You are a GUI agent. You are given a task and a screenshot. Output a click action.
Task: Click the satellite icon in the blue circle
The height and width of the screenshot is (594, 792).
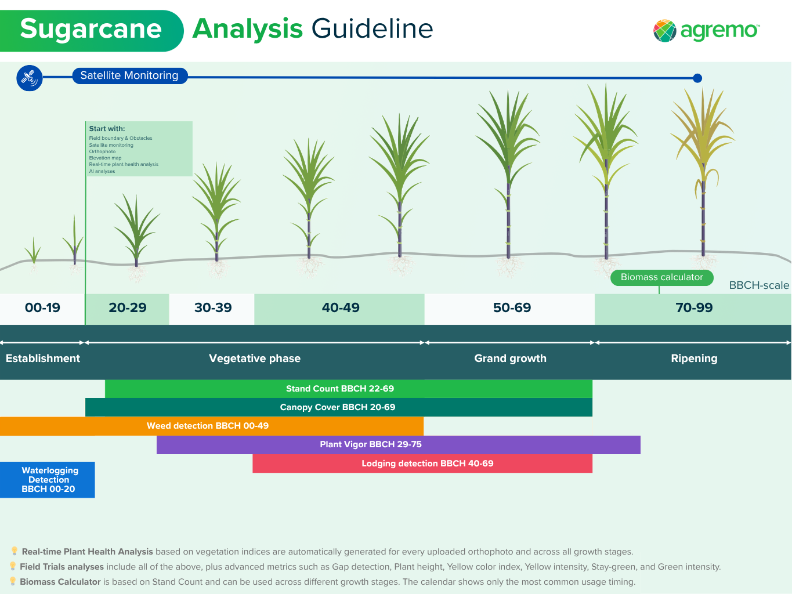pos(29,78)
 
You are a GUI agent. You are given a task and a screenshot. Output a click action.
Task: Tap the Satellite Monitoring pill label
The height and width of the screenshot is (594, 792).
pos(130,76)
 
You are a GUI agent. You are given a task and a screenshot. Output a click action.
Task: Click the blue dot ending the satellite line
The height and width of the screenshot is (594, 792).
pos(697,78)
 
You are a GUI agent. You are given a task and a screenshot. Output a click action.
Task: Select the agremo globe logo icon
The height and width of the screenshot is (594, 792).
pos(664,31)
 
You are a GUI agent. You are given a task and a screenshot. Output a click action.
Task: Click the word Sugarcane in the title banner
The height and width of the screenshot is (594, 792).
pos(91,29)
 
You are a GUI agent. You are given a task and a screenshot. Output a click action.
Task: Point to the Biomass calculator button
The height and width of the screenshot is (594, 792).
pos(662,277)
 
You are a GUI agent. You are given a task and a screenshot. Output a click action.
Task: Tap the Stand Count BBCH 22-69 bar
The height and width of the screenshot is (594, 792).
pos(349,389)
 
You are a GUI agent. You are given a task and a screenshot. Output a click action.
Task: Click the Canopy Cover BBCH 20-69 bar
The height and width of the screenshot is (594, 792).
pos(339,407)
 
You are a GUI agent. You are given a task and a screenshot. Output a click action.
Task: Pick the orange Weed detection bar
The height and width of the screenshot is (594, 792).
pos(212,426)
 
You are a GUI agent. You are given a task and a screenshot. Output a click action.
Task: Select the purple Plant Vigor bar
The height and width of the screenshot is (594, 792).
pos(399,445)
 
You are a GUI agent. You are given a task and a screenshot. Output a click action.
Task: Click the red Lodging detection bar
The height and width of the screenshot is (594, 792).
pos(422,463)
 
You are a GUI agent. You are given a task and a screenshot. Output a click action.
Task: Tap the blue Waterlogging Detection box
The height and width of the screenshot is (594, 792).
pos(47,480)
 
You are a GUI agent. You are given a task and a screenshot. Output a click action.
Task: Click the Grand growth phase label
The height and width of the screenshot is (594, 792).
pos(510,358)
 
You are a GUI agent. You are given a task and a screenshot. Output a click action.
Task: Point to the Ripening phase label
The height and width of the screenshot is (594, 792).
pos(694,358)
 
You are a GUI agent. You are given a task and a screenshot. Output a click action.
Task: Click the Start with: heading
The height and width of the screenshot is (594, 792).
pos(107,129)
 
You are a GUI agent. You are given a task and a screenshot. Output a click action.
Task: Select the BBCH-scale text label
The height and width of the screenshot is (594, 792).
pos(759,285)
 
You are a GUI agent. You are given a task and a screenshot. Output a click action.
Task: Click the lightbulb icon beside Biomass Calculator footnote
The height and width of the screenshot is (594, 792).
pos(13,581)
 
